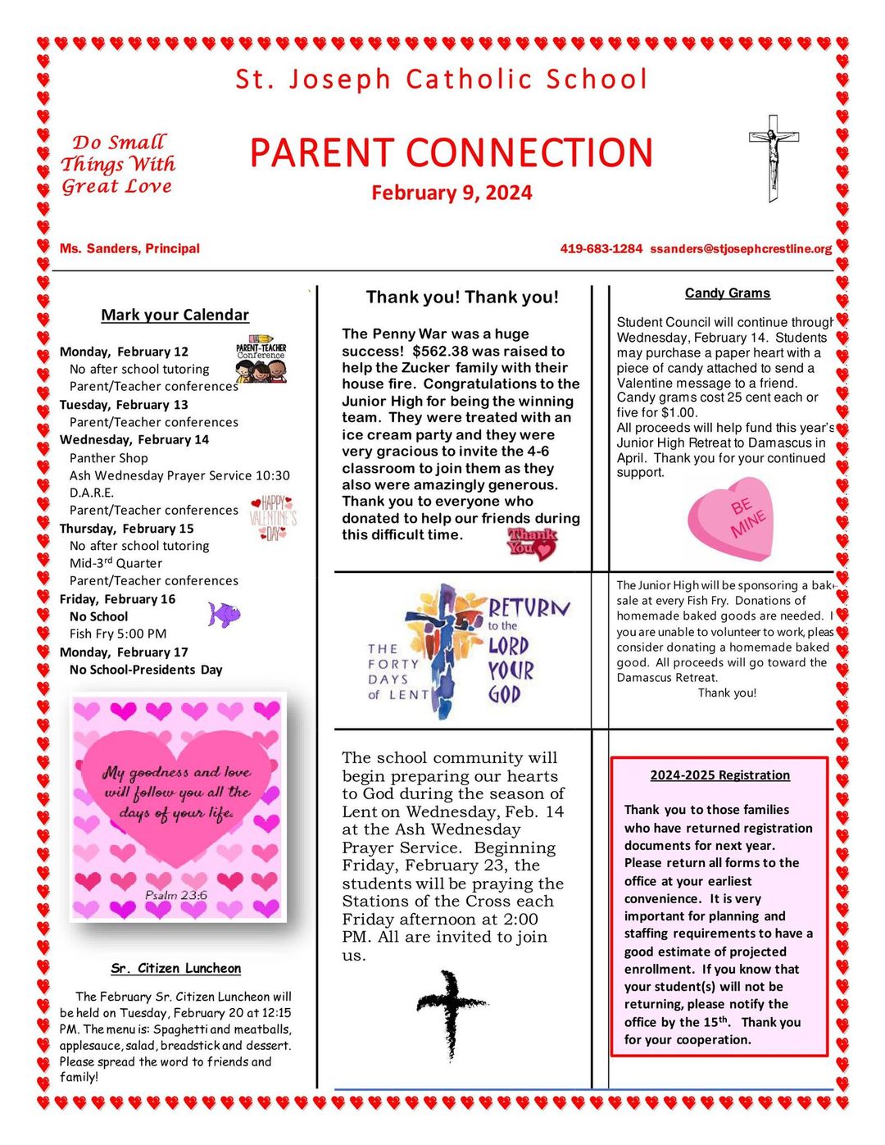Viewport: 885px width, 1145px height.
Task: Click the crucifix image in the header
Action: point(773,157)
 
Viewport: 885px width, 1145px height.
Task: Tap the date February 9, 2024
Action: point(452,193)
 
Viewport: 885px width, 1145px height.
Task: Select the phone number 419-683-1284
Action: point(601,248)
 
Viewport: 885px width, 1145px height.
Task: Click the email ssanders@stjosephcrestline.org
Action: point(741,248)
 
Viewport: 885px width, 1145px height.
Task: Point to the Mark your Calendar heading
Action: point(175,315)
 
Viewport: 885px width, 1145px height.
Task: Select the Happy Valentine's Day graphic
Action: point(273,518)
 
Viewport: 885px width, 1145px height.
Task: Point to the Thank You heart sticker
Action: point(532,543)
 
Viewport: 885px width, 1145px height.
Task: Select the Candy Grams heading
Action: point(727,293)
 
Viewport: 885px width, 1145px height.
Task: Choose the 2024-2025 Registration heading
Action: point(719,775)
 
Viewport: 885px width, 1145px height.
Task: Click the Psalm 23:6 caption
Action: point(175,895)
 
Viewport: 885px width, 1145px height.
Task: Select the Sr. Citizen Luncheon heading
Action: point(175,968)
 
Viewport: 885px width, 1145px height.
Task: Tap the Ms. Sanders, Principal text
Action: point(129,248)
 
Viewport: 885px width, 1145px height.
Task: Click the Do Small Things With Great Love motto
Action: point(118,164)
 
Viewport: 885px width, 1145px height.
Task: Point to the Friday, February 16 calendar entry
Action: point(117,599)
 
